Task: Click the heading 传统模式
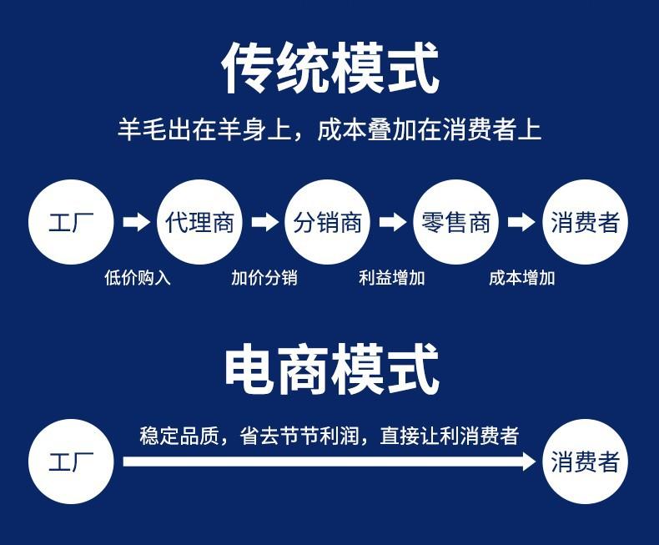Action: pyautogui.click(x=330, y=68)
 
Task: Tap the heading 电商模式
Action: pyautogui.click(x=332, y=369)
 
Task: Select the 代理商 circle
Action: pyautogui.click(x=199, y=222)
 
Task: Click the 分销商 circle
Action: pyautogui.click(x=328, y=222)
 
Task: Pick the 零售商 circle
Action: pyautogui.click(x=456, y=222)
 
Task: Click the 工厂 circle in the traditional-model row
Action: pyautogui.click(x=71, y=222)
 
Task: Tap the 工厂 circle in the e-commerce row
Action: pyautogui.click(x=71, y=462)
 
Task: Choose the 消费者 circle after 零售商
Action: pyautogui.click(x=585, y=222)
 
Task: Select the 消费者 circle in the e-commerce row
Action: pyautogui.click(x=585, y=462)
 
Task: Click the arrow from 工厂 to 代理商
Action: pyautogui.click(x=136, y=222)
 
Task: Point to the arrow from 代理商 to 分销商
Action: pyautogui.click(x=264, y=222)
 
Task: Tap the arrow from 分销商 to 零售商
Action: pyautogui.click(x=393, y=222)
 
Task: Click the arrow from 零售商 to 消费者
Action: pyautogui.click(x=521, y=222)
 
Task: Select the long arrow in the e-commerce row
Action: pyautogui.click(x=329, y=462)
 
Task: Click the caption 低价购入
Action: pyautogui.click(x=138, y=278)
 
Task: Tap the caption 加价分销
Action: pyautogui.click(x=264, y=278)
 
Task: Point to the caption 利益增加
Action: pyautogui.click(x=392, y=278)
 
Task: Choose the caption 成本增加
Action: pyautogui.click(x=522, y=278)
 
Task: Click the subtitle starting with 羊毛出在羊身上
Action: pyautogui.click(x=329, y=129)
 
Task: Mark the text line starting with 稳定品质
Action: pyautogui.click(x=329, y=436)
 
